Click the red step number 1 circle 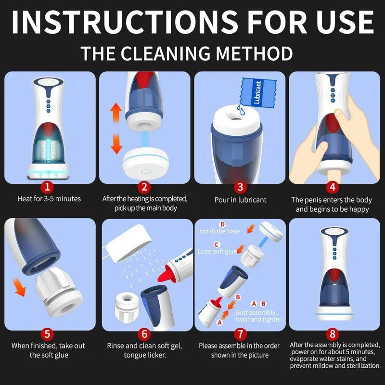point(47,188)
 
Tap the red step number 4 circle point(332,188)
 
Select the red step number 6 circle point(144,334)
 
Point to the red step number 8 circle point(332,334)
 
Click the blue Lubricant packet point(258,92)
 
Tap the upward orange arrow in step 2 point(116,113)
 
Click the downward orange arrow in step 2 point(116,143)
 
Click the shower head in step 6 point(128,244)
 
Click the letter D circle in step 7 point(222,224)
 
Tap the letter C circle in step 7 point(216,244)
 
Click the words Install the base point(219,231)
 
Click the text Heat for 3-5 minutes point(49,199)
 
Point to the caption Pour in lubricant point(240,200)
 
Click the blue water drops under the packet point(241,110)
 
